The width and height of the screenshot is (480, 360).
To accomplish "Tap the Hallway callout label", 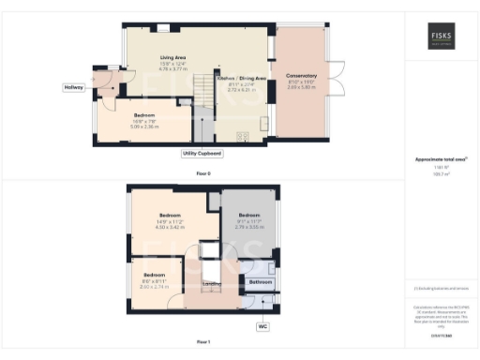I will click(73, 87).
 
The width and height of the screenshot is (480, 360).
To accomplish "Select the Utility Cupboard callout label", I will click(202, 151).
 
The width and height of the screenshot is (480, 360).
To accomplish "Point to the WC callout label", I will click(262, 326).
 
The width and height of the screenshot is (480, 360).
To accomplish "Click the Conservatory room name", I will click(301, 75).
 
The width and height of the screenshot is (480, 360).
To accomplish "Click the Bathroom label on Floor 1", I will click(260, 281).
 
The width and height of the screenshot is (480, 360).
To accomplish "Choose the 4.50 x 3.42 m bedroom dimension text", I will click(169, 228).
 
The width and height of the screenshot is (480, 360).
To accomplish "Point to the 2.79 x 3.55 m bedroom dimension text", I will click(248, 227).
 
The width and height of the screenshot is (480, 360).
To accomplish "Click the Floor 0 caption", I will click(202, 172).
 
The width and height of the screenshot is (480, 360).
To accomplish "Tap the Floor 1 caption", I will click(202, 343).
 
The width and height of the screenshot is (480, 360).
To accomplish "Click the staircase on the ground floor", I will click(201, 91).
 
